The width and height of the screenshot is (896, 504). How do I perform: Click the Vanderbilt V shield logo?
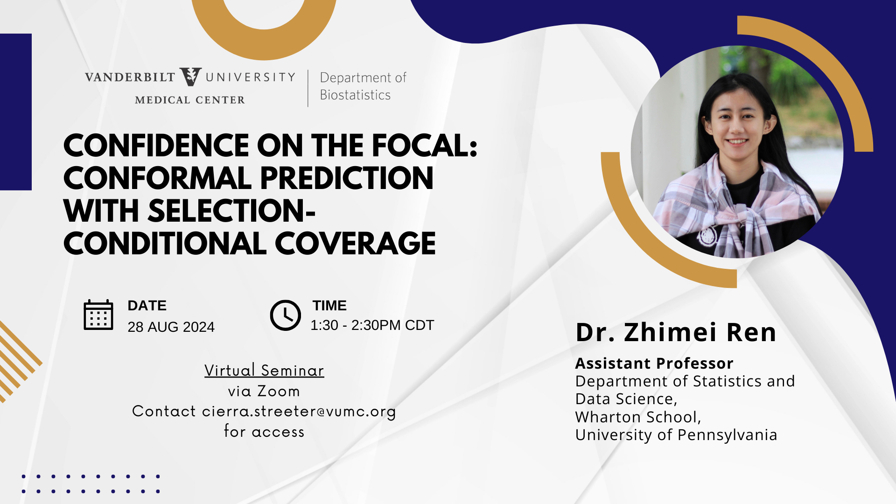point(190,77)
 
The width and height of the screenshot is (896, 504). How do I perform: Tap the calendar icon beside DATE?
point(98,315)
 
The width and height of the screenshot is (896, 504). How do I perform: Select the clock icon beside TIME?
point(286,315)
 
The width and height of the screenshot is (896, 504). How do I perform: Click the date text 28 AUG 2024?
point(171,327)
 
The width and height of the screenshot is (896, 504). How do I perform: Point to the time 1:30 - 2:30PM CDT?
point(372,325)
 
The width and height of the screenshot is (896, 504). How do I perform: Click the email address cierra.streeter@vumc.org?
point(299,412)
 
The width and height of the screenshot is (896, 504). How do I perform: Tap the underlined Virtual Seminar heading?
point(264,370)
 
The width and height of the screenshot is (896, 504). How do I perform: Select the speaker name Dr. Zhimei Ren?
point(676,332)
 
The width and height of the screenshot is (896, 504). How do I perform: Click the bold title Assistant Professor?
point(654,363)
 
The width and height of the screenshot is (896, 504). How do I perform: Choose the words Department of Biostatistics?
point(363,86)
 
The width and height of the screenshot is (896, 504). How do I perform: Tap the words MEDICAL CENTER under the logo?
point(190,100)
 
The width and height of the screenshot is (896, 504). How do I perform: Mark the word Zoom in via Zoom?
point(279,391)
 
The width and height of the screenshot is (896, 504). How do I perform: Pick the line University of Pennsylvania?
point(676,435)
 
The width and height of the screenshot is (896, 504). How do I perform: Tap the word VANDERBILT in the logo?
point(130,77)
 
